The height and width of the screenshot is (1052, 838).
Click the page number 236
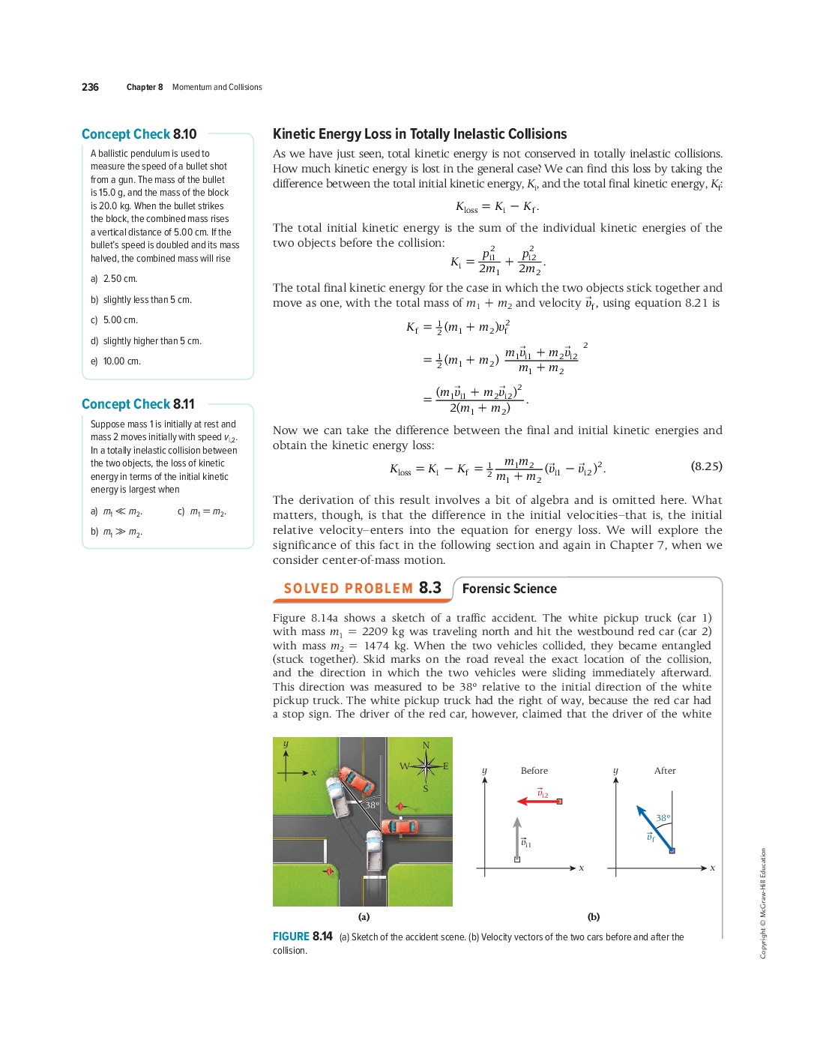click(90, 87)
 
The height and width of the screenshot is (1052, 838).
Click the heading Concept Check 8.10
click(139, 134)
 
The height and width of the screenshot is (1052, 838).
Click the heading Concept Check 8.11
click(138, 404)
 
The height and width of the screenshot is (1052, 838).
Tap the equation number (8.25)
click(706, 466)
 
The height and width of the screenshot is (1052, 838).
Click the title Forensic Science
click(509, 589)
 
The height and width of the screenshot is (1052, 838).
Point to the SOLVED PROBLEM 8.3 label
click(362, 589)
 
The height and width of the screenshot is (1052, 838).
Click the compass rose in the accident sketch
click(425, 766)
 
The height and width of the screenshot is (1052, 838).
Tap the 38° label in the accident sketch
click(373, 805)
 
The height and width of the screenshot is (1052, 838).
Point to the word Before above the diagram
click(534, 771)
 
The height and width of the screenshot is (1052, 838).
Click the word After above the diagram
click(665, 771)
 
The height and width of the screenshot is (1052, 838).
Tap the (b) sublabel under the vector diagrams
click(594, 916)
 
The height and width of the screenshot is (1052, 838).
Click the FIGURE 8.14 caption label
click(302, 937)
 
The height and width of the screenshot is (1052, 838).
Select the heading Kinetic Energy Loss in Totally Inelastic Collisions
click(420, 134)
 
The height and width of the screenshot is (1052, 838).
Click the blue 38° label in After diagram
click(663, 818)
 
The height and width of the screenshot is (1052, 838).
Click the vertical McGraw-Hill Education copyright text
click(763, 903)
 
